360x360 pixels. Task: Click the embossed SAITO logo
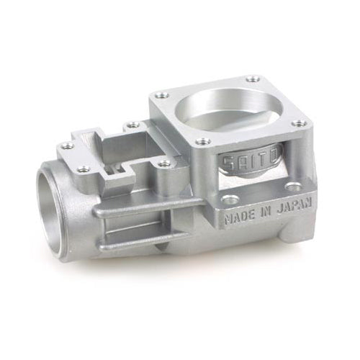pyautogui.click(x=242, y=161)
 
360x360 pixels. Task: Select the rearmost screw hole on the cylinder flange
pyautogui.click(x=251, y=78)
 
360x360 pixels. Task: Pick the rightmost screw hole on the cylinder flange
pyautogui.click(x=299, y=124)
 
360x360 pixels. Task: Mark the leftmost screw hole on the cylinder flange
pyautogui.click(x=162, y=94)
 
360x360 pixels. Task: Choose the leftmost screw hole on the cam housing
pyautogui.click(x=67, y=146)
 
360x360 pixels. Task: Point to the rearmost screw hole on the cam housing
pyautogui.click(x=132, y=125)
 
